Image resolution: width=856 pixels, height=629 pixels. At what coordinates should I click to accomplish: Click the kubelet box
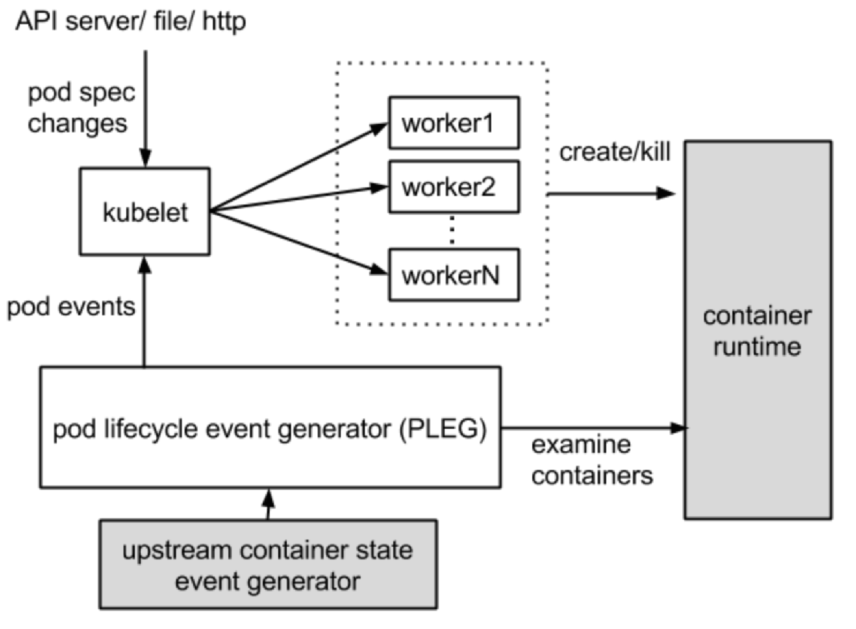144,211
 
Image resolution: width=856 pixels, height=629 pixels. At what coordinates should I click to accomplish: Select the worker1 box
453,123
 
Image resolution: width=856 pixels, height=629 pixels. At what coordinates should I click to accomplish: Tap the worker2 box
453,187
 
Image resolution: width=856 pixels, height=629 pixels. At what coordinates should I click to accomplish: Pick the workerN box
453,275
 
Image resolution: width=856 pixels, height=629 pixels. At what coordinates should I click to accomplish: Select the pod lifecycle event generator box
270,427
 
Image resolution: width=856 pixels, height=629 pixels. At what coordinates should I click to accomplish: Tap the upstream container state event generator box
267,564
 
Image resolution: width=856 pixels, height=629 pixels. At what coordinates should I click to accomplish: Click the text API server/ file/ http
131,21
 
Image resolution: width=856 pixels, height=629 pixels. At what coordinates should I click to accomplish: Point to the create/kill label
614,152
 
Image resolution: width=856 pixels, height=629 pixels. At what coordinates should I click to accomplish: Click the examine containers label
591,460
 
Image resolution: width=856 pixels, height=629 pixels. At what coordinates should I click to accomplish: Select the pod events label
71,307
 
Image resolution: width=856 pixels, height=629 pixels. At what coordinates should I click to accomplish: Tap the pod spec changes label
80,108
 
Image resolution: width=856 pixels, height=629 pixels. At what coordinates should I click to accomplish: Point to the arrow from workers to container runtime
610,193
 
